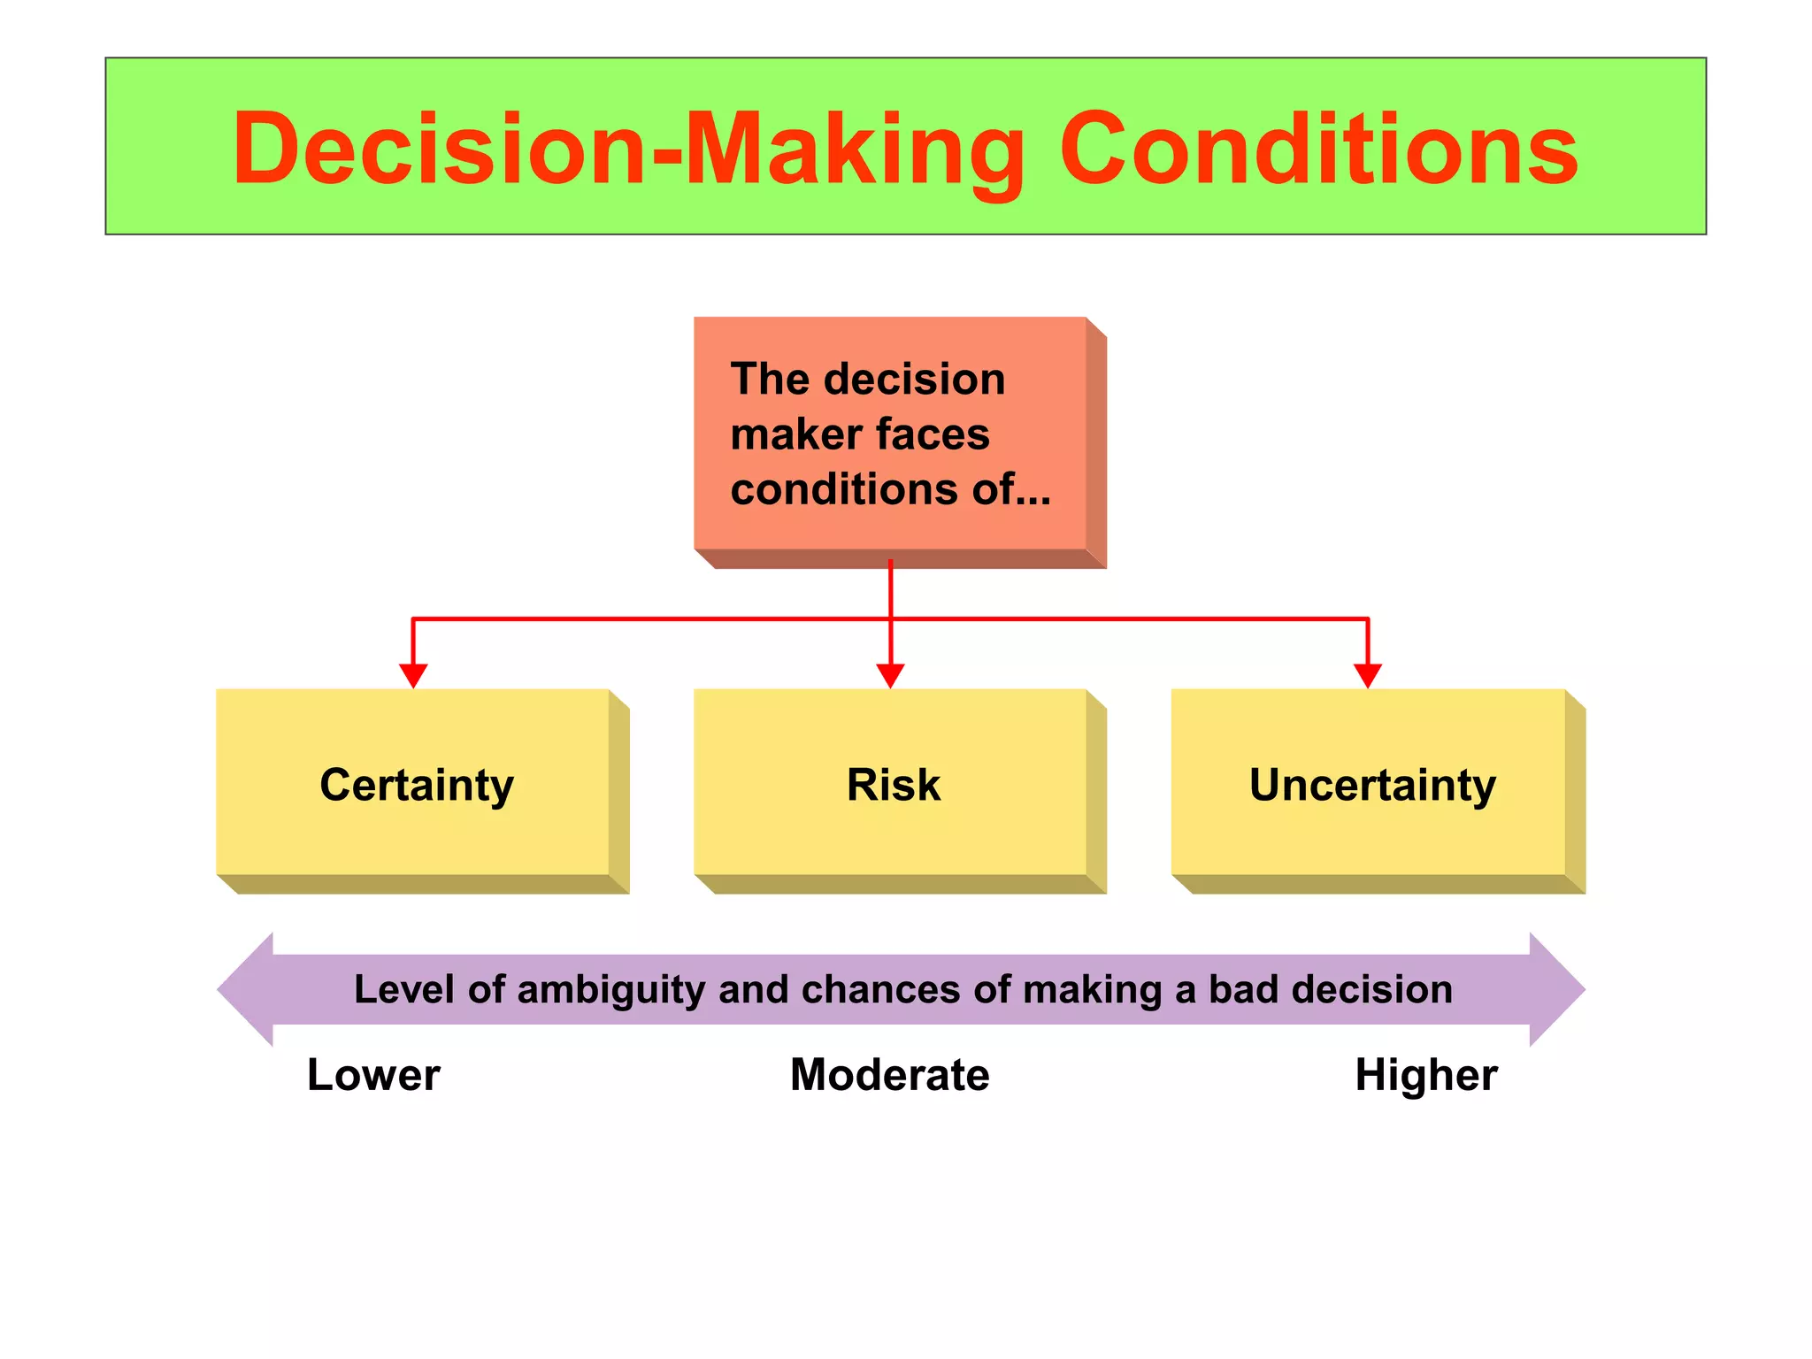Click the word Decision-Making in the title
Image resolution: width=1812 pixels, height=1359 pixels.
coord(628,150)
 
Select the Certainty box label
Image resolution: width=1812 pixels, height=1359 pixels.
coord(417,786)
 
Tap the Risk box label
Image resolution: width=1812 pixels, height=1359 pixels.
coord(894,785)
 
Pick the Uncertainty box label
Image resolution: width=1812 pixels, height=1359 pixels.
coord(1372,786)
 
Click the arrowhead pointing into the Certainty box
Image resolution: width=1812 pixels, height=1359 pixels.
coord(413,676)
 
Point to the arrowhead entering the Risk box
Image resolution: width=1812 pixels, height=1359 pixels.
coord(890,676)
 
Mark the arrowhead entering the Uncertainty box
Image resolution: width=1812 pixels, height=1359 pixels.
coord(1368,676)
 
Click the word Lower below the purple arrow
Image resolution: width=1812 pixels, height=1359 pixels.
coord(373,1075)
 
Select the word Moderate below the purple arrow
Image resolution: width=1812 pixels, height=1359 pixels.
coord(889,1075)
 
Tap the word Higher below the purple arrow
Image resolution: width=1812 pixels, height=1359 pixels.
coord(1426,1075)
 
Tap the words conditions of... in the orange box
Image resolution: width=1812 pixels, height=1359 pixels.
coord(889,489)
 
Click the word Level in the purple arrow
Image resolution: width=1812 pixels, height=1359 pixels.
coord(404,989)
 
